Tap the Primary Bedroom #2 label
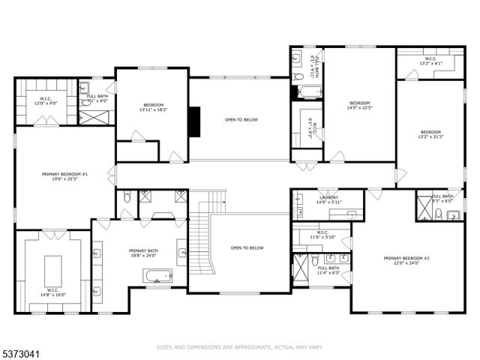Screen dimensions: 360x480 pos(406,259)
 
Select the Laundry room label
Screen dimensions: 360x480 pos(328,197)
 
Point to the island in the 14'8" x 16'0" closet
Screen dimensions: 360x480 pos(52,266)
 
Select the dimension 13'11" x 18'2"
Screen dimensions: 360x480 pos(153,110)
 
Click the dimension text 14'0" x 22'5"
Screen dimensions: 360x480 pos(359,108)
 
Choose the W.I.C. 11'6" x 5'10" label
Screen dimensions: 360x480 pos(322,238)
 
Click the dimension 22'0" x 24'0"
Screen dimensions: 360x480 pos(406,264)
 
